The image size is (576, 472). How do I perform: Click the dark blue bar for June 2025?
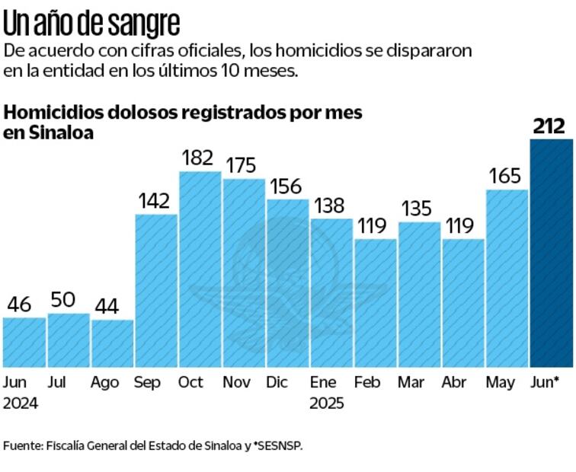(551, 253)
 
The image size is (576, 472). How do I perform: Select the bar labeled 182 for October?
(200, 269)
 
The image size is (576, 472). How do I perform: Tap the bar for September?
(156, 291)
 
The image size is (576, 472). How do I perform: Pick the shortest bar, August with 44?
(112, 343)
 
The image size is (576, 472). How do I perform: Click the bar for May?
(507, 279)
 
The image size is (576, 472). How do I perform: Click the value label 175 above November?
(244, 166)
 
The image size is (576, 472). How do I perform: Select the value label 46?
(19, 305)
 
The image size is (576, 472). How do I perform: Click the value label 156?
(287, 187)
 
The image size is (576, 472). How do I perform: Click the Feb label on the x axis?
(367, 382)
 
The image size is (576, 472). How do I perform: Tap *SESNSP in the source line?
(279, 446)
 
